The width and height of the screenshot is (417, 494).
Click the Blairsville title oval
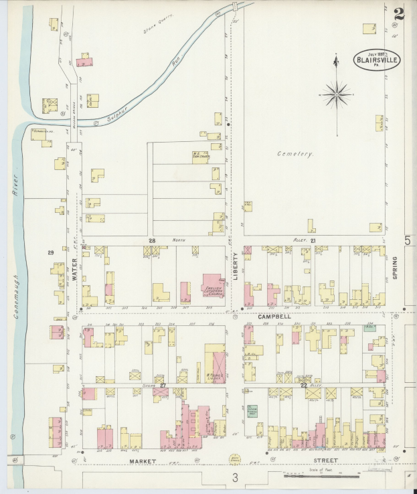[377, 60]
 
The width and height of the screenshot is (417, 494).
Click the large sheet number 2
[400, 13]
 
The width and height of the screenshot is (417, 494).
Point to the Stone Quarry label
[159, 29]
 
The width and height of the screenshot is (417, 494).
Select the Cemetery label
[295, 154]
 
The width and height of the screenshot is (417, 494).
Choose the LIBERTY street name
[236, 265]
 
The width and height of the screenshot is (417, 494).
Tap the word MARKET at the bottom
[143, 461]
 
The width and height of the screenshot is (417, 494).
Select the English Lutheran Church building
[213, 286]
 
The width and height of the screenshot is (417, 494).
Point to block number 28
[152, 240]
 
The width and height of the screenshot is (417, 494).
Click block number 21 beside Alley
[312, 240]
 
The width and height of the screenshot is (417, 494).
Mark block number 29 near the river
[50, 252]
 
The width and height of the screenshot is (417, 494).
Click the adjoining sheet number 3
[235, 477]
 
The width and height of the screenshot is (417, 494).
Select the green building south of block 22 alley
[252, 411]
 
